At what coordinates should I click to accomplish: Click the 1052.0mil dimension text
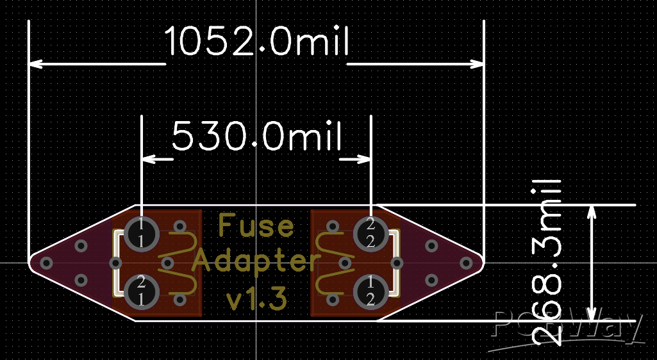256,41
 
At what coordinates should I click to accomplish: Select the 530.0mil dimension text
257,136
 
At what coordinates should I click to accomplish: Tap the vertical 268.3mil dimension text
546,263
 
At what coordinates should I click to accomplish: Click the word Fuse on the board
256,225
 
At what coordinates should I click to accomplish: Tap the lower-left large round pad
142,291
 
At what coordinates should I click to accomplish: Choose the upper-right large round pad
371,234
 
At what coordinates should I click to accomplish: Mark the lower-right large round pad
371,291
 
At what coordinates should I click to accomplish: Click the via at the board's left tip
46,263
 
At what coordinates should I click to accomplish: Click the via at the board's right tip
466,263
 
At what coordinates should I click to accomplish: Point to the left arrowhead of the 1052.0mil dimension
36,64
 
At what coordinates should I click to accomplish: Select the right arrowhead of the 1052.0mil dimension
477,64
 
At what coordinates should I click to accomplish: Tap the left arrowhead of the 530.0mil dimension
149,159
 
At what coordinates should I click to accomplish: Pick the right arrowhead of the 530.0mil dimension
363,159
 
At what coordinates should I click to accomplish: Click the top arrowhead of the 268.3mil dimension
591,213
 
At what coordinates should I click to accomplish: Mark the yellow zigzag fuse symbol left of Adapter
176,263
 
